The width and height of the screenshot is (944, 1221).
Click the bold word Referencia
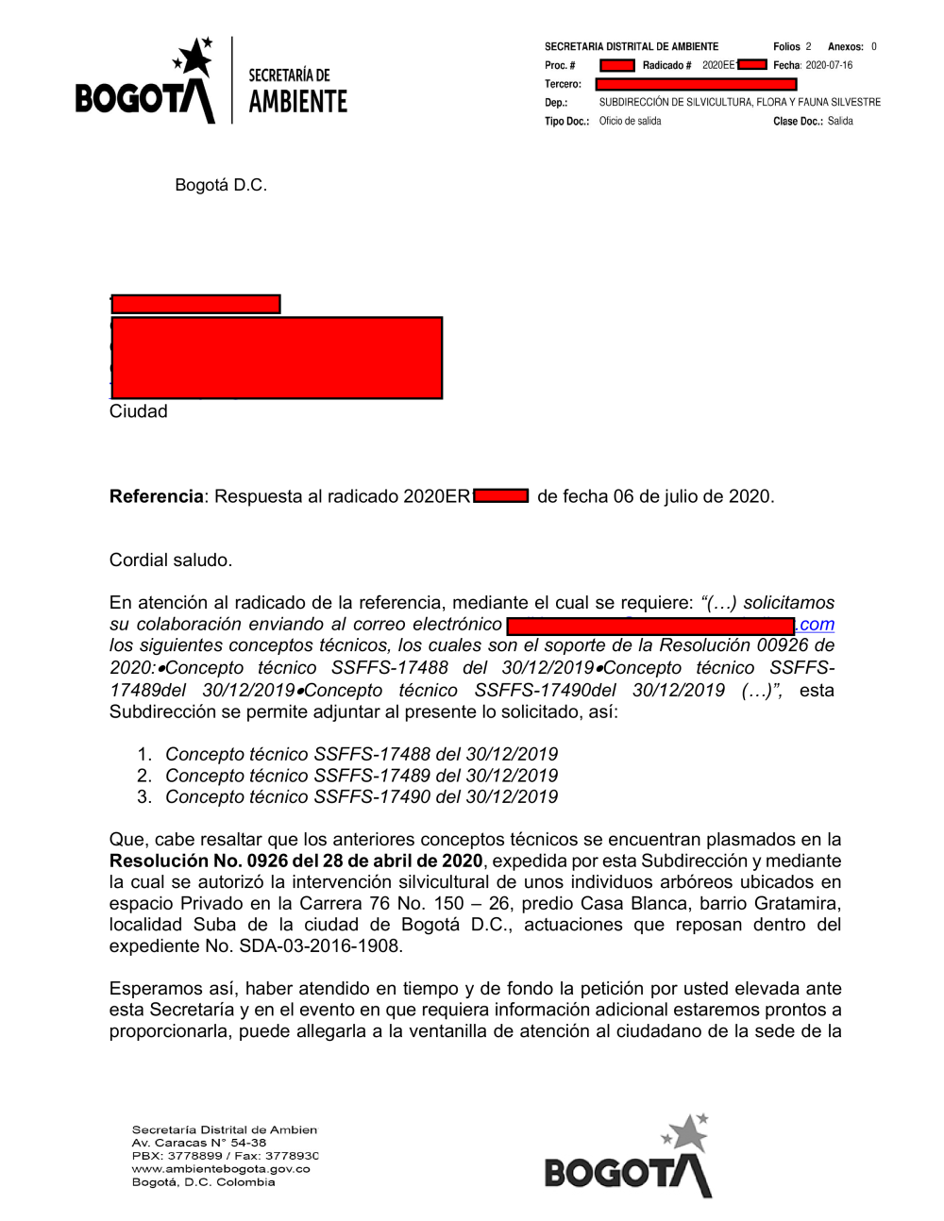(x=156, y=496)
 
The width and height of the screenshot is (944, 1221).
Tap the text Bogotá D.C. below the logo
(x=221, y=185)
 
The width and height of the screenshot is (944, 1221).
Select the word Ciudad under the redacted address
(x=138, y=411)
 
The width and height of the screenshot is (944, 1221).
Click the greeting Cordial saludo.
(x=170, y=560)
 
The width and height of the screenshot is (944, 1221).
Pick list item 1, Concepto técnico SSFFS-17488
(x=361, y=754)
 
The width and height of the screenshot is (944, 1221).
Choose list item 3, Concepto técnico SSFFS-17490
(x=361, y=797)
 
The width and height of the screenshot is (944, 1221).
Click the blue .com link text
(x=816, y=625)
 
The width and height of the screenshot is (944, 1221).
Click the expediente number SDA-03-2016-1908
(x=320, y=946)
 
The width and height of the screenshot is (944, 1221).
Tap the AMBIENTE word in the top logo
(x=297, y=102)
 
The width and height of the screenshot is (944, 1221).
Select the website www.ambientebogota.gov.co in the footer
(x=221, y=1169)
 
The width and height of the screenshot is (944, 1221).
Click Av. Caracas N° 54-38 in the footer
(x=199, y=1143)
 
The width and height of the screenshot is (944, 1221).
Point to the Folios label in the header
(x=785, y=46)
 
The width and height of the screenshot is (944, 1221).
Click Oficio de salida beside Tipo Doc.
(x=630, y=121)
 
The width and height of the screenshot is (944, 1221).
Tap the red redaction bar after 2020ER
(x=501, y=496)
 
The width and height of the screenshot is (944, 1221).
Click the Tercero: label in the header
(x=563, y=84)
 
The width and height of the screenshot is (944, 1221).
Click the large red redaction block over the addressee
(x=277, y=358)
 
